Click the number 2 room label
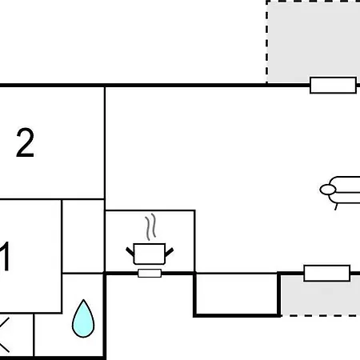tap(25, 142)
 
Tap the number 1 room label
tap(6, 256)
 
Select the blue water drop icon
tap(83, 319)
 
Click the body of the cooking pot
tap(150, 254)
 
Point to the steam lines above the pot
tap(150, 226)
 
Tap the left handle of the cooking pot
tap(130, 251)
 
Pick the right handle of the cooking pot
tap(170, 252)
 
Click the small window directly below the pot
tap(150, 274)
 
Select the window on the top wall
tap(333, 85)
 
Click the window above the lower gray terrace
tap(327, 273)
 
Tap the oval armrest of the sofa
tap(328, 190)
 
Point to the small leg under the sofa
tap(336, 207)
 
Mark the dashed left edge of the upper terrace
tap(266, 42)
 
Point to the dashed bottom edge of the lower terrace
tap(320, 316)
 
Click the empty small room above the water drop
tap(83, 236)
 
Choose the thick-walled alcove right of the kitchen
tap(237, 294)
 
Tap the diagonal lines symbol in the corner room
tap(5, 334)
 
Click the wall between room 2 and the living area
tap(105, 142)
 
